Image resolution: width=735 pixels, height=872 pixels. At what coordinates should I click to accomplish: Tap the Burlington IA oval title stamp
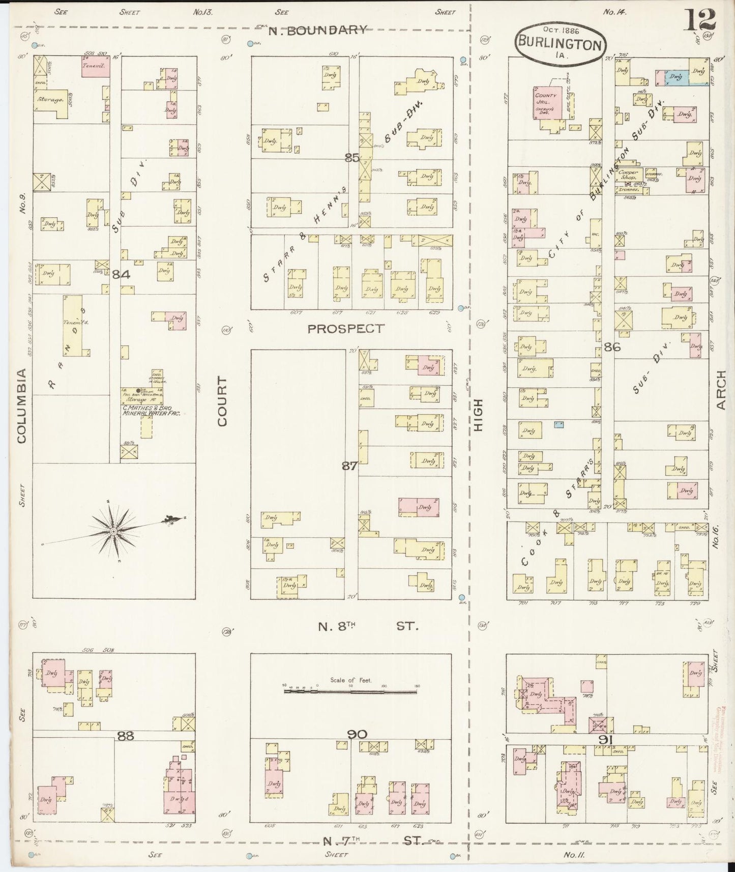pyautogui.click(x=560, y=42)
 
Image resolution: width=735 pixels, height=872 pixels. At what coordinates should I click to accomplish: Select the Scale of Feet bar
pyautogui.click(x=350, y=691)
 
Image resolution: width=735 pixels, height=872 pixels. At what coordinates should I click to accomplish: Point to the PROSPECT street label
pyautogui.click(x=346, y=329)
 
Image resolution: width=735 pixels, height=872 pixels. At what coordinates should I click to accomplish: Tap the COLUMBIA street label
pyautogui.click(x=21, y=405)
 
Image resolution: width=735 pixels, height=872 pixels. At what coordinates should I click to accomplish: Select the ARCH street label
pyautogui.click(x=721, y=390)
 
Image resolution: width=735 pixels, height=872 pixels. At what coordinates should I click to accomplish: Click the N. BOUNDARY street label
pyautogui.click(x=317, y=30)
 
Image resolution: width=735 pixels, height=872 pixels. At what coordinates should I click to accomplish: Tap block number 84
pyautogui.click(x=122, y=275)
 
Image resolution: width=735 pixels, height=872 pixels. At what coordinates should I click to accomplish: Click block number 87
pyautogui.click(x=349, y=465)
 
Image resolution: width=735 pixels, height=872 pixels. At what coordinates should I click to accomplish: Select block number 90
pyautogui.click(x=358, y=734)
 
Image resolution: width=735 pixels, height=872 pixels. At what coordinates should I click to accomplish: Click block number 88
pyautogui.click(x=125, y=735)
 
